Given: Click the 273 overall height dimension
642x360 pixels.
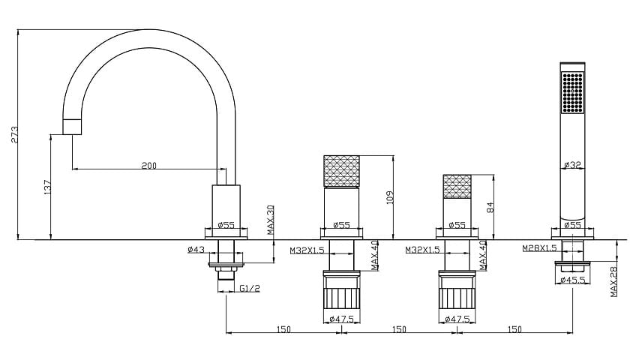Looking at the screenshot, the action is click(14, 134).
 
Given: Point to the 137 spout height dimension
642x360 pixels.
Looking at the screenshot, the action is click(47, 187).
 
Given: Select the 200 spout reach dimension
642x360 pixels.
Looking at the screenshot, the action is click(149, 166).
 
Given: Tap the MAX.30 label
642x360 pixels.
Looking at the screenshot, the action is click(271, 220).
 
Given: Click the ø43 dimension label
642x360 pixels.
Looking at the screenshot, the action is click(196, 249).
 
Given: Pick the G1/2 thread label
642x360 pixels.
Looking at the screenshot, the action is click(250, 288).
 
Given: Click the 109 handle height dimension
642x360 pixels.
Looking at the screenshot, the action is click(389, 197).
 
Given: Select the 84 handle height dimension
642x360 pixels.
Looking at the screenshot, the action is click(490, 207).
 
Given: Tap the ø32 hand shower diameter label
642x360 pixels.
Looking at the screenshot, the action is click(572, 165).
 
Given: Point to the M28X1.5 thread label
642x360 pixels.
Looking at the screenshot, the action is click(539, 247).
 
